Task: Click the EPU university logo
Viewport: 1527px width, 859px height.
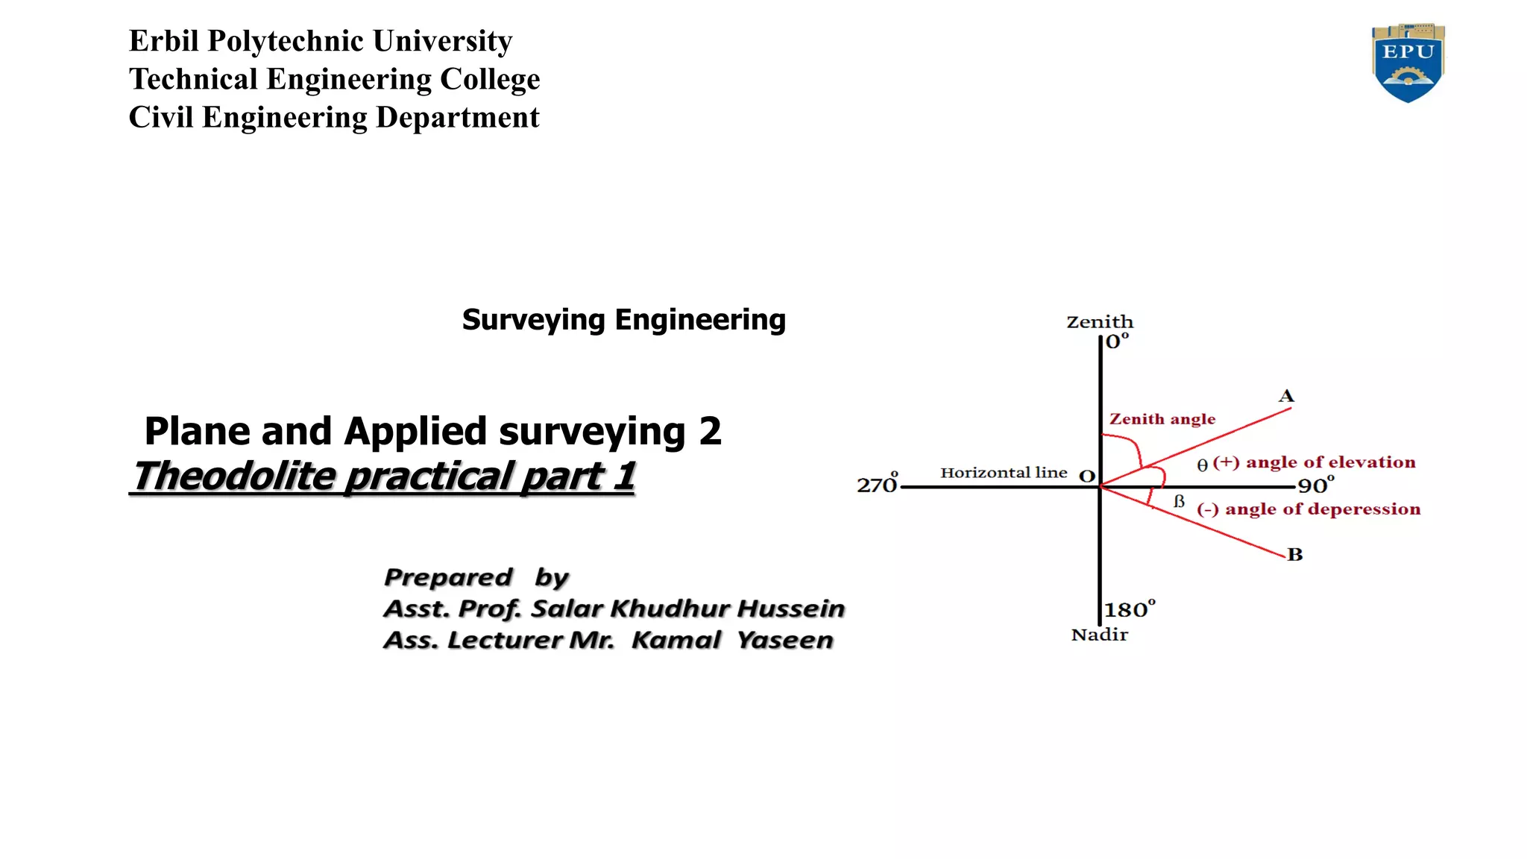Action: pos(1408,63)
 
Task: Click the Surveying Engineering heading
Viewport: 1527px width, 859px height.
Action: pos(624,320)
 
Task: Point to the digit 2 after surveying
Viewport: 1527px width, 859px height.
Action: pos(710,431)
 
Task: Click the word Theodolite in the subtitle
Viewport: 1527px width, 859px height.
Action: pos(234,476)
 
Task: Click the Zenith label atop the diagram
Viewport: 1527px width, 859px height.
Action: pos(1100,322)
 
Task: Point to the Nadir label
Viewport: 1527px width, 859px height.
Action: pos(1100,635)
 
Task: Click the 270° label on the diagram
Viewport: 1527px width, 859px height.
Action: pos(878,483)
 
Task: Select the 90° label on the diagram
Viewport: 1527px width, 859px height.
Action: pos(1316,485)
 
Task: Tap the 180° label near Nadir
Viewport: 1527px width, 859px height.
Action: pos(1130,608)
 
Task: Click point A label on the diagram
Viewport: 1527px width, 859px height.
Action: pos(1286,396)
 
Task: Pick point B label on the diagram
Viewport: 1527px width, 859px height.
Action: pos(1295,555)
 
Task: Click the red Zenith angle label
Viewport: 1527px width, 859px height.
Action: pos(1162,419)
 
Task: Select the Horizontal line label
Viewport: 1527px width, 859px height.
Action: pos(1004,473)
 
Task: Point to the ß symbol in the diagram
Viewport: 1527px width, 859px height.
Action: pos(1179,501)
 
